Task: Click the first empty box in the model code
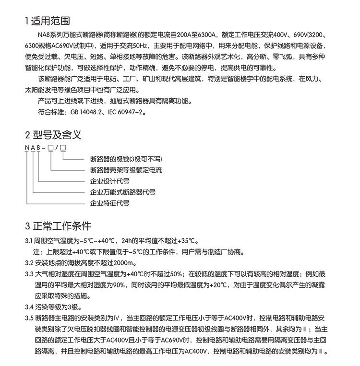pyautogui.click(x=51, y=148)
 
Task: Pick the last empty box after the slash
pyautogui.click(x=62, y=148)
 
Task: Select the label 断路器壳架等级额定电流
pyautogui.click(x=126, y=170)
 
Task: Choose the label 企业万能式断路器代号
pyautogui.click(x=123, y=192)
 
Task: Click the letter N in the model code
pyautogui.click(x=26, y=148)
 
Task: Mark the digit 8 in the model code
pyautogui.click(x=39, y=148)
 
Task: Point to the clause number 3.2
pyautogui.click(x=29, y=262)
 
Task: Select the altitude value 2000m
pyautogui.click(x=126, y=262)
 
